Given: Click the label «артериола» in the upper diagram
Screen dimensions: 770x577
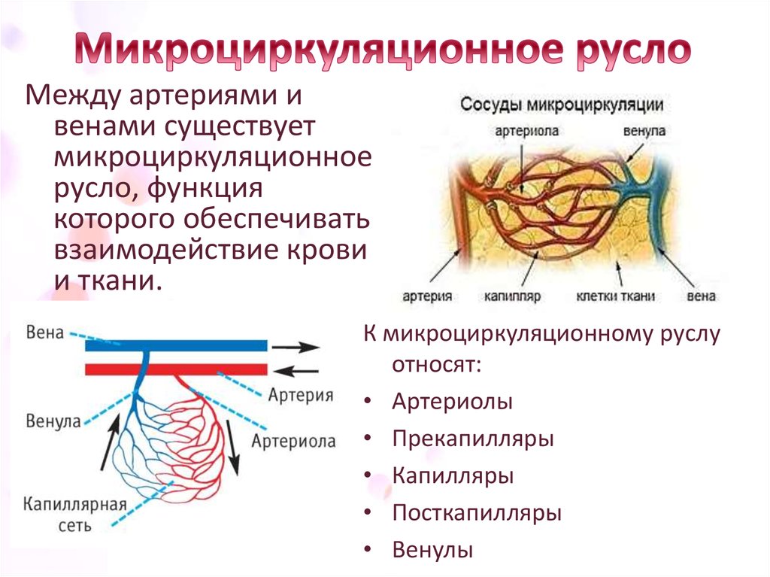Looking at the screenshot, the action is pyautogui.click(x=527, y=131).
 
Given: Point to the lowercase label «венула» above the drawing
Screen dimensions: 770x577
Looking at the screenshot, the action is pyautogui.click(x=644, y=131).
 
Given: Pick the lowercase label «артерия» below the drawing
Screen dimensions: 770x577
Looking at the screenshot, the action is pyautogui.click(x=427, y=296).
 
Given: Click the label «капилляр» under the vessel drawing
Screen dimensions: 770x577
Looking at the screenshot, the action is pyautogui.click(x=512, y=296).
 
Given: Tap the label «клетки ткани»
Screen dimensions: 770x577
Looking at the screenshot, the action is pyautogui.click(x=615, y=296).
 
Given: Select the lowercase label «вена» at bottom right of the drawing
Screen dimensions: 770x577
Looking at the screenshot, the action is pyautogui.click(x=702, y=296).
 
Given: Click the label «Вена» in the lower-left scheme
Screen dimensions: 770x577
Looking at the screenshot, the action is pyautogui.click(x=44, y=333).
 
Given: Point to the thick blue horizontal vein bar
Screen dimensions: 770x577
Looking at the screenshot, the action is pyautogui.click(x=176, y=345).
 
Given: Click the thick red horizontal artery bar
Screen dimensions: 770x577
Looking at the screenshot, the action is pyautogui.click(x=176, y=369).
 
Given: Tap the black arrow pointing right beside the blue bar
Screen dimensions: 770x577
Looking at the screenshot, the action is pyautogui.click(x=296, y=347).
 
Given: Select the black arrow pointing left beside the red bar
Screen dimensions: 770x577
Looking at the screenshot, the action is pyautogui.click(x=295, y=371).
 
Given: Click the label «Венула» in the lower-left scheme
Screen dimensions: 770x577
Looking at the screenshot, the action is pyautogui.click(x=53, y=421).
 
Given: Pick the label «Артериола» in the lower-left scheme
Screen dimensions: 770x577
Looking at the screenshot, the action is pyautogui.click(x=294, y=442).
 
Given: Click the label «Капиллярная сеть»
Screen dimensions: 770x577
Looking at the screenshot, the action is pyautogui.click(x=74, y=515).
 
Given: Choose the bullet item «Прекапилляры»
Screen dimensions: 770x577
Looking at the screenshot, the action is pyautogui.click(x=473, y=439).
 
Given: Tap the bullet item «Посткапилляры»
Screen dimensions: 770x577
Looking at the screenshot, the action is pyautogui.click(x=477, y=513).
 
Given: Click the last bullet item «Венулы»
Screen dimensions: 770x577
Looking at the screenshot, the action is pyautogui.click(x=432, y=550).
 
